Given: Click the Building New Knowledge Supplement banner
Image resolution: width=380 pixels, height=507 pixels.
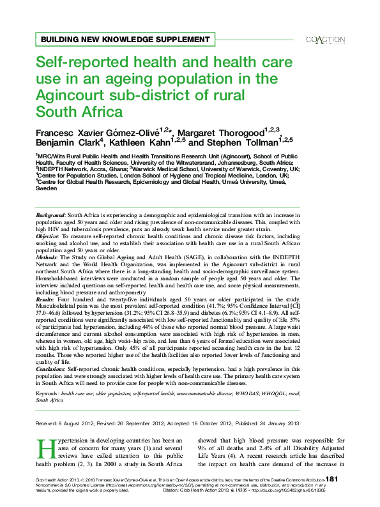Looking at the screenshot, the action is click(125, 39).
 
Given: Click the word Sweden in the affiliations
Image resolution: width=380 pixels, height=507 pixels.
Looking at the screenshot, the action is click(47, 190).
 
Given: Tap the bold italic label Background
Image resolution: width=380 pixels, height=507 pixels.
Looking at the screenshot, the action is click(50, 216).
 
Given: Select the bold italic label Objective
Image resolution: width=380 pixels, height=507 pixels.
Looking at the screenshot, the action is click(48, 236).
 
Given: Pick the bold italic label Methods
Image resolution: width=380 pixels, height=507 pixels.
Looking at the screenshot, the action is click(47, 257).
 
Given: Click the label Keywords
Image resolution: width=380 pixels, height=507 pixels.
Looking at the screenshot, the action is click(47, 395).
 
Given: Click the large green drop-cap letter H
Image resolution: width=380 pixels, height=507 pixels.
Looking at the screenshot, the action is click(45, 450).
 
